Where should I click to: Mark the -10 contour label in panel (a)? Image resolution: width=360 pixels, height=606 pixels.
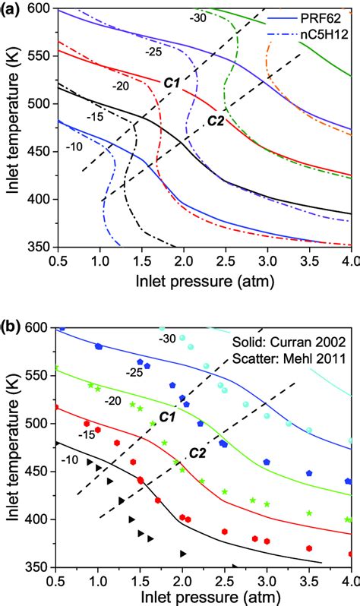click(x=74, y=146)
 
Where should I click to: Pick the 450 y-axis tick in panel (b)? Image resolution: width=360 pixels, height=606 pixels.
click(x=39, y=472)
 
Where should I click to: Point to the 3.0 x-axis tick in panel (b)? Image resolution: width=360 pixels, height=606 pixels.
click(x=267, y=580)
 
